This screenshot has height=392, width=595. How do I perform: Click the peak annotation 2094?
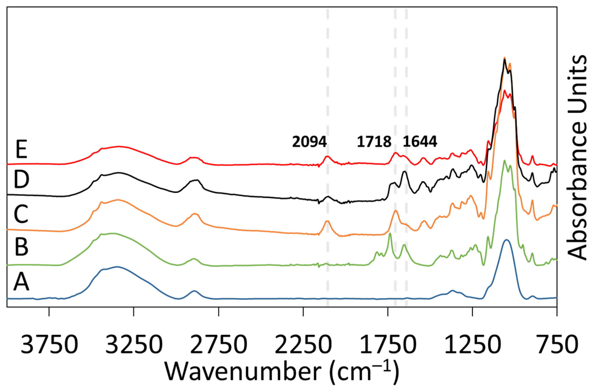(310, 142)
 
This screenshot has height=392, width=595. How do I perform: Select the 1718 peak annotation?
(374, 142)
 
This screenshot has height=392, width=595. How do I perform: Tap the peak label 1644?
(420, 142)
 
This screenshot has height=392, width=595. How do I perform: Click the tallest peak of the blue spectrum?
(507, 240)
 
